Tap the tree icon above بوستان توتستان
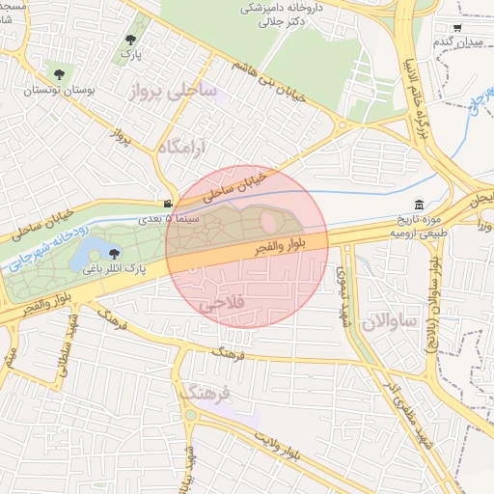(x=60, y=73)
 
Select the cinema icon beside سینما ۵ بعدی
(x=169, y=205)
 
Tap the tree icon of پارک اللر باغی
(x=115, y=254)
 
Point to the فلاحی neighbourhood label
(x=223, y=304)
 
